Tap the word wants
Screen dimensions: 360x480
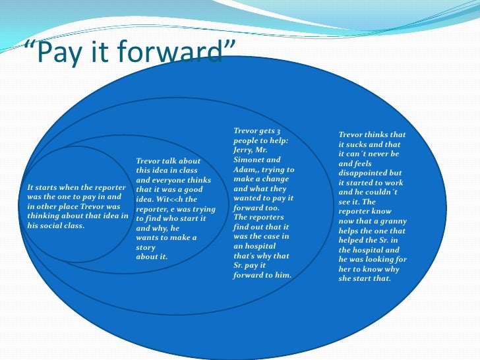coord(148,237)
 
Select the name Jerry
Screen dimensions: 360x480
coord(245,150)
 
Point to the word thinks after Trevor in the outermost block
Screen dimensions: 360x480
coord(384,135)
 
